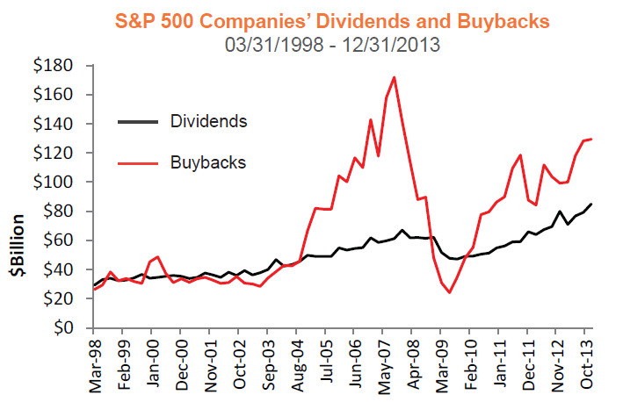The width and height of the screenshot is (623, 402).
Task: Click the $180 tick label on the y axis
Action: [x=55, y=66]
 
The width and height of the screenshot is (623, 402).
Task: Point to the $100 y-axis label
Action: [x=55, y=183]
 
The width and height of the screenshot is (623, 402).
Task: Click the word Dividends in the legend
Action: [x=207, y=120]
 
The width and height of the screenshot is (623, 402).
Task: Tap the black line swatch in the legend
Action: [x=137, y=120]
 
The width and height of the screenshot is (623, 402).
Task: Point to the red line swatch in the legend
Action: [x=137, y=162]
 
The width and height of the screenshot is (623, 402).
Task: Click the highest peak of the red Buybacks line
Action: [x=394, y=77]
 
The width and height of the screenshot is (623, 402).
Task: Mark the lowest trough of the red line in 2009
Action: [x=449, y=292]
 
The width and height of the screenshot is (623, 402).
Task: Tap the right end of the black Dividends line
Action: [x=590, y=205]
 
